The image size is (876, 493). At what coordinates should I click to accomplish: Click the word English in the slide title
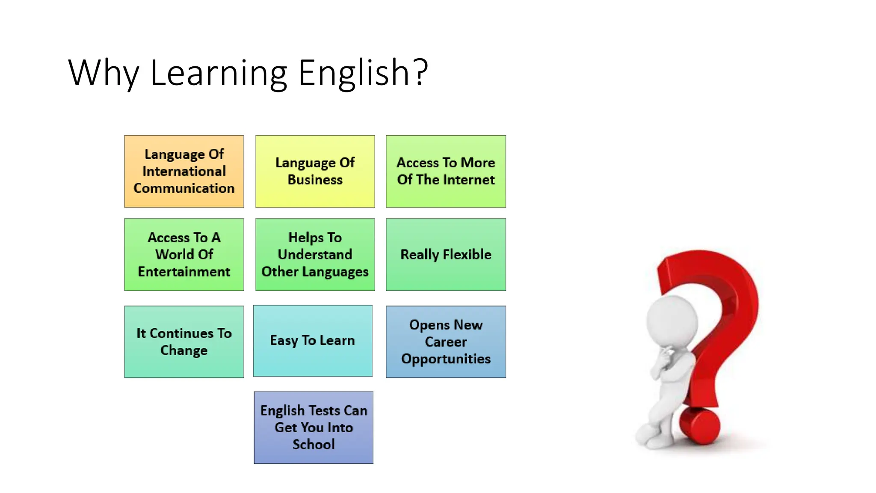pos(353,73)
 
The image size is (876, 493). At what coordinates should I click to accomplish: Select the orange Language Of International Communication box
pos(184,171)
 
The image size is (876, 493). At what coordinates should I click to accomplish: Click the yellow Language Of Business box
pos(315,171)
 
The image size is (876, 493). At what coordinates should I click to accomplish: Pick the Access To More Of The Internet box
pos(446,171)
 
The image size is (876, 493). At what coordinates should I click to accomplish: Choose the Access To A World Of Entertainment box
pos(184,255)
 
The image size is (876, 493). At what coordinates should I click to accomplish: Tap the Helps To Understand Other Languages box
pos(315,255)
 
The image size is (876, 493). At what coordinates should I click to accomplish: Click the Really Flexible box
pos(446,255)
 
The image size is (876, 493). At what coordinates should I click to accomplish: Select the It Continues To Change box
pos(184,342)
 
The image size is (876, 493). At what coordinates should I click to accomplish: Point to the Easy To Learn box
pos(313,341)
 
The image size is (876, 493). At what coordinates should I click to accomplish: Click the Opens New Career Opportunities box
pos(446,342)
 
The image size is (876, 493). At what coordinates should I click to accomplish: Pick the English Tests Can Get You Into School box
pos(314,427)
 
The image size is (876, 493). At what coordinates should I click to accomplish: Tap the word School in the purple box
pos(314,445)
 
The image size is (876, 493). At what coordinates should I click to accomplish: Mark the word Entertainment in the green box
pos(184,272)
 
